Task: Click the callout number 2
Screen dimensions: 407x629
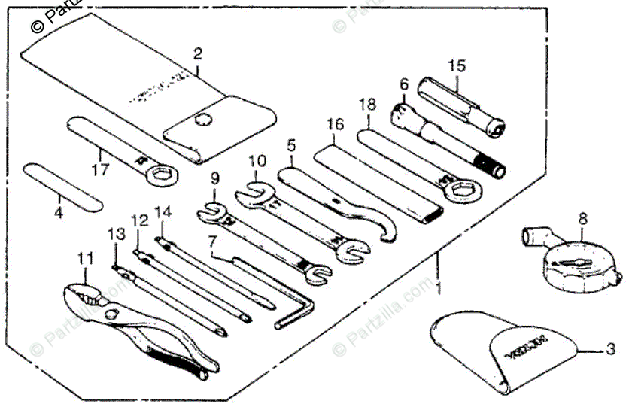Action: click(197, 53)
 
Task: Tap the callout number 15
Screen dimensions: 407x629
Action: click(457, 65)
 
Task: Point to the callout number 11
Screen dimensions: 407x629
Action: click(87, 257)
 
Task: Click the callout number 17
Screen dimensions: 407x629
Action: click(100, 169)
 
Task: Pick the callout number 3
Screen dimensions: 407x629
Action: click(610, 349)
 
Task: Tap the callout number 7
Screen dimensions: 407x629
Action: click(213, 244)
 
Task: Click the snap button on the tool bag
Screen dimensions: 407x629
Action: click(202, 118)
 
